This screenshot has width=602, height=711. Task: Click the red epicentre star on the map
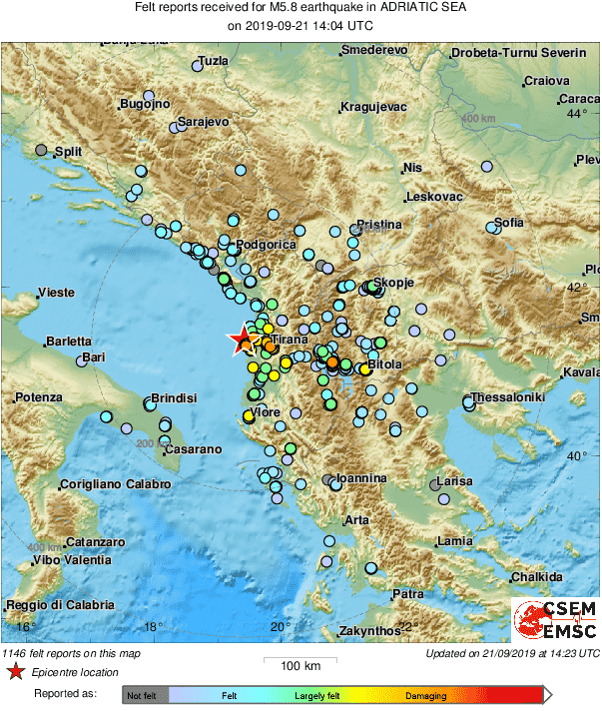[242, 341]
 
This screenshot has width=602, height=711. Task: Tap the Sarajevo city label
[204, 122]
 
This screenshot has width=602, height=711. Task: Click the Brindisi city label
[173, 398]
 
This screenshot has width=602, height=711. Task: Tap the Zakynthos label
[369, 631]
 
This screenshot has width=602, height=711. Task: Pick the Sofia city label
[508, 222]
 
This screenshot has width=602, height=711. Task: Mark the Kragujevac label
[370, 106]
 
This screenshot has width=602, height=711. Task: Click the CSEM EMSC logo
[555, 619]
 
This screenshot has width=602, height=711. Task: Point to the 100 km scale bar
[300, 660]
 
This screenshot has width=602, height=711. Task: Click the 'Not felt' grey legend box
[145, 693]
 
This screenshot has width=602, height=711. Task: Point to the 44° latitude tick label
[577, 113]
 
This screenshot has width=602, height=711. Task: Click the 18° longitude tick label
[153, 627]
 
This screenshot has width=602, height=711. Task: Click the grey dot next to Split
[41, 150]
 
